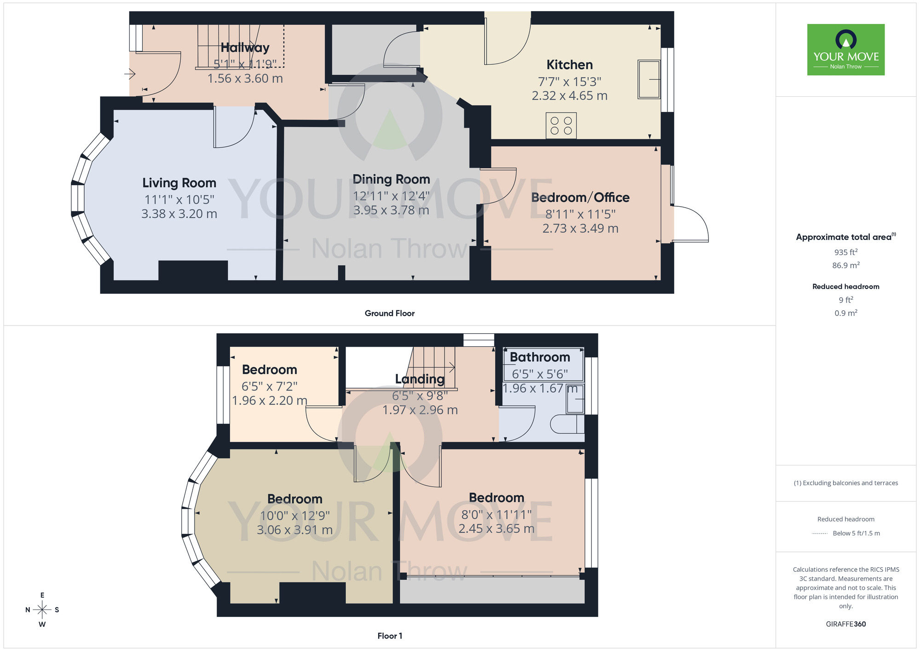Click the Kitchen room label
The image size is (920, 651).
tap(569, 65)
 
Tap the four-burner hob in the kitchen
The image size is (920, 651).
tap(561, 125)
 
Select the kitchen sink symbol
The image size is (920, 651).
tap(649, 79)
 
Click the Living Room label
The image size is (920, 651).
tap(179, 183)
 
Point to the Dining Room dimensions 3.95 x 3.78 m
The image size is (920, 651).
tap(391, 210)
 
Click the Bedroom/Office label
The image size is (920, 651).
tap(580, 198)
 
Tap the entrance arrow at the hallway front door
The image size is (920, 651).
tap(130, 74)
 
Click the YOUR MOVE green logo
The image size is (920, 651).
tap(845, 50)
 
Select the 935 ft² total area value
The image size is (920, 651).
tap(845, 252)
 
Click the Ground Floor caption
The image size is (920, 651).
tap(389, 314)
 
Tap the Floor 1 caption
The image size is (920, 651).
tap(389, 636)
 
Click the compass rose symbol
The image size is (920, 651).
tap(42, 610)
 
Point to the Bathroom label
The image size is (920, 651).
tap(540, 357)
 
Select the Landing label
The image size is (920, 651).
tap(420, 379)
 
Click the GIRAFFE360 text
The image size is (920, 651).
tap(845, 624)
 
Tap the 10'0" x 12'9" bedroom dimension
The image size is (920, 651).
tap(294, 516)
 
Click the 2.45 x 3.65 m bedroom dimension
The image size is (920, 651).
tap(496, 529)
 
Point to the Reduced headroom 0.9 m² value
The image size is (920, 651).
tap(845, 313)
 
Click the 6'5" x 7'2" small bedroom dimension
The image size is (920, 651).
tap(269, 386)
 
